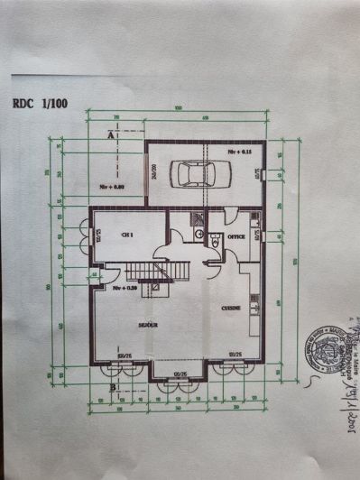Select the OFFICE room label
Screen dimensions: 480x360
236,236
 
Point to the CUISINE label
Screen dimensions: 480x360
230,309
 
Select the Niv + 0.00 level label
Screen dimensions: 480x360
111,187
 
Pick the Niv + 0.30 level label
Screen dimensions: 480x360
125,289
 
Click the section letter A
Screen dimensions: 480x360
110,135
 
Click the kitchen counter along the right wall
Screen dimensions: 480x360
256,307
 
